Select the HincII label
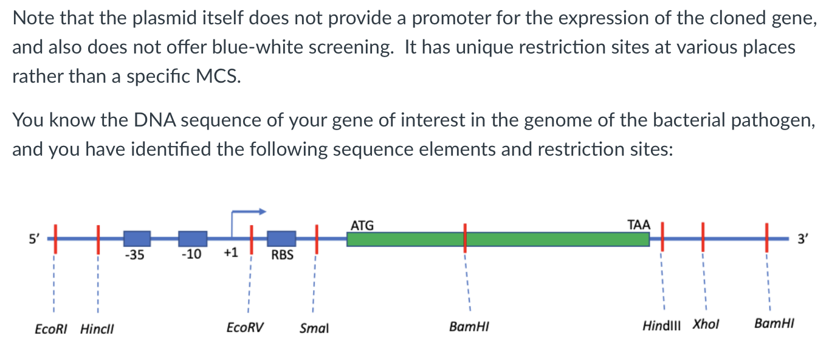click(x=97, y=329)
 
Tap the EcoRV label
click(x=245, y=328)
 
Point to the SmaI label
click(x=314, y=329)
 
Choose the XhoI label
click(x=706, y=325)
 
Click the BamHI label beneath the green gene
click(x=469, y=327)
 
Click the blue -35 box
click(x=137, y=239)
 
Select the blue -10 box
click(x=193, y=239)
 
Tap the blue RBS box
click(x=281, y=239)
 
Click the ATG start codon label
click(x=362, y=226)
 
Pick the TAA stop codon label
click(x=638, y=225)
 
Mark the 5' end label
click(x=35, y=239)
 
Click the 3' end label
click(x=803, y=239)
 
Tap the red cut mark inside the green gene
click(x=465, y=238)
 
